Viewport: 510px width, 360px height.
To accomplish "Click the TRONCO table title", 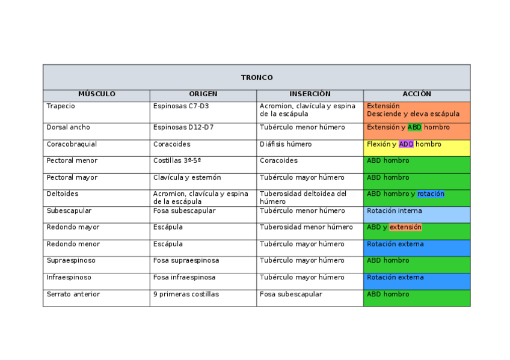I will (257, 78).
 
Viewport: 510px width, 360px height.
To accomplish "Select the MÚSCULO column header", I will (96, 94).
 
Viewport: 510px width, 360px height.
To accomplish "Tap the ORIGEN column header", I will (203, 94).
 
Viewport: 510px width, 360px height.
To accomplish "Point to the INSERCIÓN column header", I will (310, 94).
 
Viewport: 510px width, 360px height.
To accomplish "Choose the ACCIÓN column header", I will (417, 94).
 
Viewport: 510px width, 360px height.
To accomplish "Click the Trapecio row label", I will (61, 106).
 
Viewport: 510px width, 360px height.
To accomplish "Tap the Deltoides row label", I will (63, 194).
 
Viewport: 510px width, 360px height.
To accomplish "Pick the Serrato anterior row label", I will (73, 294).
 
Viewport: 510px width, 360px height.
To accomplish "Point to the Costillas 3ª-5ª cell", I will (177, 161).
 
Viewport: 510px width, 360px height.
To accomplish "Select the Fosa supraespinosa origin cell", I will (186, 261).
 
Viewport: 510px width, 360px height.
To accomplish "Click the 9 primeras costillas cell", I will (186, 294).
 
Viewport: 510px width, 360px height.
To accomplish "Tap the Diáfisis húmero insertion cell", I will (286, 144).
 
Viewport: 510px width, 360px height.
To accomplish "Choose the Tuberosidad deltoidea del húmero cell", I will (303, 198).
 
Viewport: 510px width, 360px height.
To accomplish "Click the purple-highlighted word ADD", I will (406, 144).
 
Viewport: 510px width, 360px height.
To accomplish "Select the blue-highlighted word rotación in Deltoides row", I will (431, 194).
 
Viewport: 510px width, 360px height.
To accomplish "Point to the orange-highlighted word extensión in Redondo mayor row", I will (405, 227).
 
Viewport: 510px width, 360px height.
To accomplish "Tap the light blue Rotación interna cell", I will (395, 211).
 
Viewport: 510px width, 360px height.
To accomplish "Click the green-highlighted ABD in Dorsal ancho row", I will (414, 127).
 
